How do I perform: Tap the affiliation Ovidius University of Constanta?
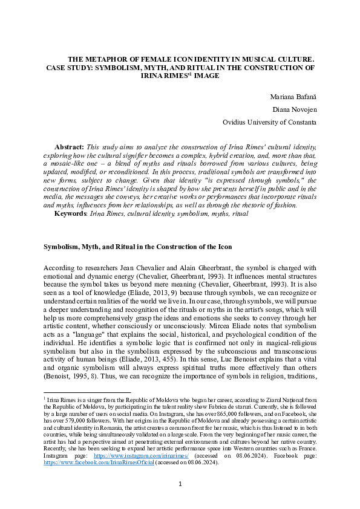click(x=269, y=122)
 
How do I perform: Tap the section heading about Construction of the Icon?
click(x=137, y=247)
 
